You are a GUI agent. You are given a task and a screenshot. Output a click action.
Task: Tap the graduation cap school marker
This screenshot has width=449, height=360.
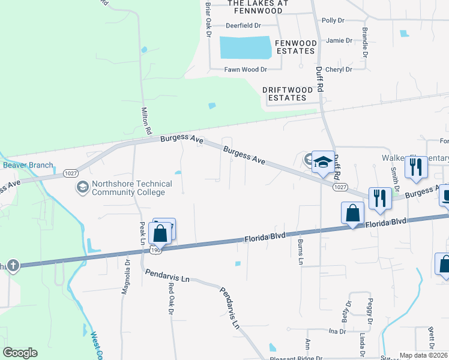point(323,163)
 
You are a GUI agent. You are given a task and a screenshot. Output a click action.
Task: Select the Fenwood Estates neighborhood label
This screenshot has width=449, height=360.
point(295,47)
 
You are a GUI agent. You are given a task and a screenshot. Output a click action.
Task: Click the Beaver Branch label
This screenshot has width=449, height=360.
point(28,165)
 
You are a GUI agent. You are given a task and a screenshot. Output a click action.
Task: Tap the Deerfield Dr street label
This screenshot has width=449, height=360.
point(243,26)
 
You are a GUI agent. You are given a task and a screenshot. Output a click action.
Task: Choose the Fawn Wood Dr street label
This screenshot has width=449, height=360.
point(245,70)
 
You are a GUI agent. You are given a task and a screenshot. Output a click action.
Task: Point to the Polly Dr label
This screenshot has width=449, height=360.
point(333,20)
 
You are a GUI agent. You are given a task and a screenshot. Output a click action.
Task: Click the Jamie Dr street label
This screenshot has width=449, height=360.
point(339,40)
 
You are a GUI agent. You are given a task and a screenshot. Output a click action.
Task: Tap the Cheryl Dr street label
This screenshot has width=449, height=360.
point(338,70)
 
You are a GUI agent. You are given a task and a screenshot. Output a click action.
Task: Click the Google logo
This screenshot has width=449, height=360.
point(20,353)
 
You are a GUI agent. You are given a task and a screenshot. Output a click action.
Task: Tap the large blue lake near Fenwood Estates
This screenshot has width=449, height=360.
point(245,47)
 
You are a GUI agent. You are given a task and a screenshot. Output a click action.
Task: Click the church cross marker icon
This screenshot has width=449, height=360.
point(13,265)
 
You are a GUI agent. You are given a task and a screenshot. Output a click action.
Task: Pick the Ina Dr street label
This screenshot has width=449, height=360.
point(337,331)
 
